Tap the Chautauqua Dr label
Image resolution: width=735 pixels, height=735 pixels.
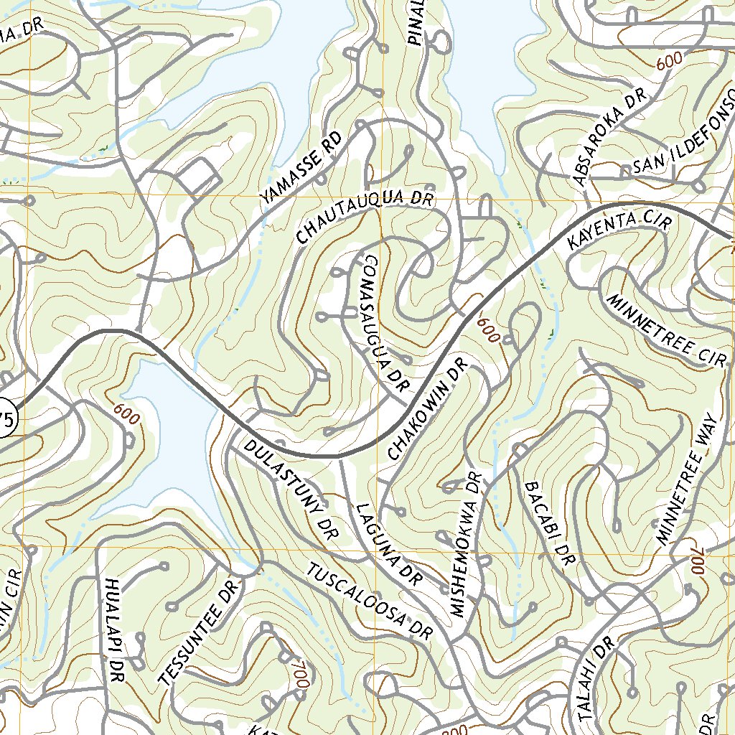tap(365, 215)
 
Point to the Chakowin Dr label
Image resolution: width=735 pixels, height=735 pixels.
tap(427, 409)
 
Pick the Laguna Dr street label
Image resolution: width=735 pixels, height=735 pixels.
tap(388, 542)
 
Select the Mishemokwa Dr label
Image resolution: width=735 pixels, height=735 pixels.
tap(466, 543)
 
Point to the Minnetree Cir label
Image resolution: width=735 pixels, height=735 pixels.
tap(667, 330)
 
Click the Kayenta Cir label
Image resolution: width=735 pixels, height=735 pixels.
tap(619, 230)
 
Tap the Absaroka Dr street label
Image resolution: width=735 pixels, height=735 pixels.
tap(609, 136)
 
